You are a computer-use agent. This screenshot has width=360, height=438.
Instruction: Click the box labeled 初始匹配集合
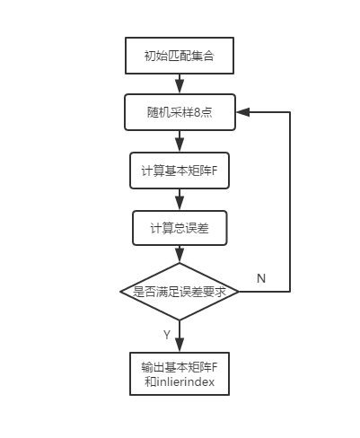pos(179,56)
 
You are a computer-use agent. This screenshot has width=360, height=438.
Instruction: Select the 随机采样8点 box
pos(179,112)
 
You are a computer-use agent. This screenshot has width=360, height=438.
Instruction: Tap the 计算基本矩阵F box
pos(179,171)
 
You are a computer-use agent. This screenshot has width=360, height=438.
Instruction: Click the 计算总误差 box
pos(180,228)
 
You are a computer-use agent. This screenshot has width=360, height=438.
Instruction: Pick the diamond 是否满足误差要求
pos(179,292)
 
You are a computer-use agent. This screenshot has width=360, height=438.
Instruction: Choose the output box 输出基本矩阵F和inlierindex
pos(179,374)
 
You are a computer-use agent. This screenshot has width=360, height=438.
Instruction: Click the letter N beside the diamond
pos(261,278)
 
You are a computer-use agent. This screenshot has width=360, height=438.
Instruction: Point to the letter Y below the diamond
pos(166,334)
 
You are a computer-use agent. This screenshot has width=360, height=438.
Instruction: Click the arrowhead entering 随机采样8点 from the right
pos(242,112)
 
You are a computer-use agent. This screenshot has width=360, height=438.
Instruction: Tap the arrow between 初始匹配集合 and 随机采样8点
pos(180,83)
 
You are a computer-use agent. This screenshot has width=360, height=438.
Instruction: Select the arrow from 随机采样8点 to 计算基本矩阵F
pos(180,141)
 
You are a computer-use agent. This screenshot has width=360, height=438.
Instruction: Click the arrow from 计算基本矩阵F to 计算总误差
pos(180,199)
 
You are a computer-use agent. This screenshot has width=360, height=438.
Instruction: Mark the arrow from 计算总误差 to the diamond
pos(180,254)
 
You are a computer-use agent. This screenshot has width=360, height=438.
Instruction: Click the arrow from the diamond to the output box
pos(180,337)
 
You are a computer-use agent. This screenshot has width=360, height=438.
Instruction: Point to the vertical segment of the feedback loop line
pos(290,202)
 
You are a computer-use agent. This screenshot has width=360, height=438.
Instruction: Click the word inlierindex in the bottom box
pos(184,383)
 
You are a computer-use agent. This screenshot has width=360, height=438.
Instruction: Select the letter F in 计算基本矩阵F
pos(215,171)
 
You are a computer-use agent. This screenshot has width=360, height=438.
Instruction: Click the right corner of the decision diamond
pos(238,292)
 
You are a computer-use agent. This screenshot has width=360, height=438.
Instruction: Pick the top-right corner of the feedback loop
pos(290,112)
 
